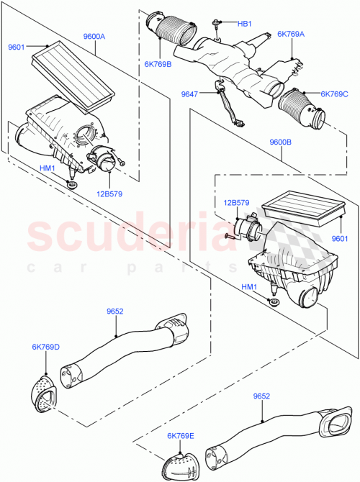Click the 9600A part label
[x=94, y=36]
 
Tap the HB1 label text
[x=244, y=24]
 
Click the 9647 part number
[x=189, y=94]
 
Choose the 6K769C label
[x=334, y=94]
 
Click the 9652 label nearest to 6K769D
[x=115, y=312]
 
